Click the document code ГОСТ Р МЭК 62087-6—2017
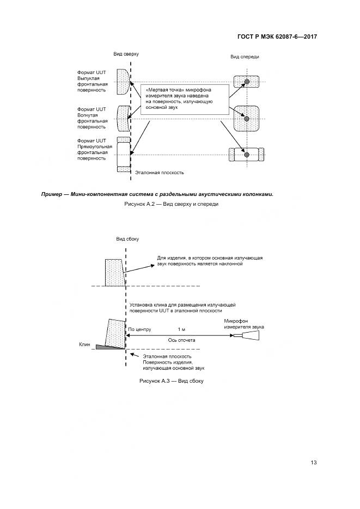coord(277,37)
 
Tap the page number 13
coord(313,463)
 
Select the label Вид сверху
coord(126,54)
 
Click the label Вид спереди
coord(245,57)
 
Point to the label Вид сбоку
coord(127,239)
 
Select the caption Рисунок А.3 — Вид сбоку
coord(172,381)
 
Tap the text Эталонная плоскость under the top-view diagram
coord(160,173)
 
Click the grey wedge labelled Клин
coord(109,347)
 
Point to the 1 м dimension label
coord(181,330)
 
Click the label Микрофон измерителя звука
coord(244,324)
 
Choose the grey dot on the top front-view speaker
coord(246,82)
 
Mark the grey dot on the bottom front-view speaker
coord(246,155)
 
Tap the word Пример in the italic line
coord(52,194)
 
